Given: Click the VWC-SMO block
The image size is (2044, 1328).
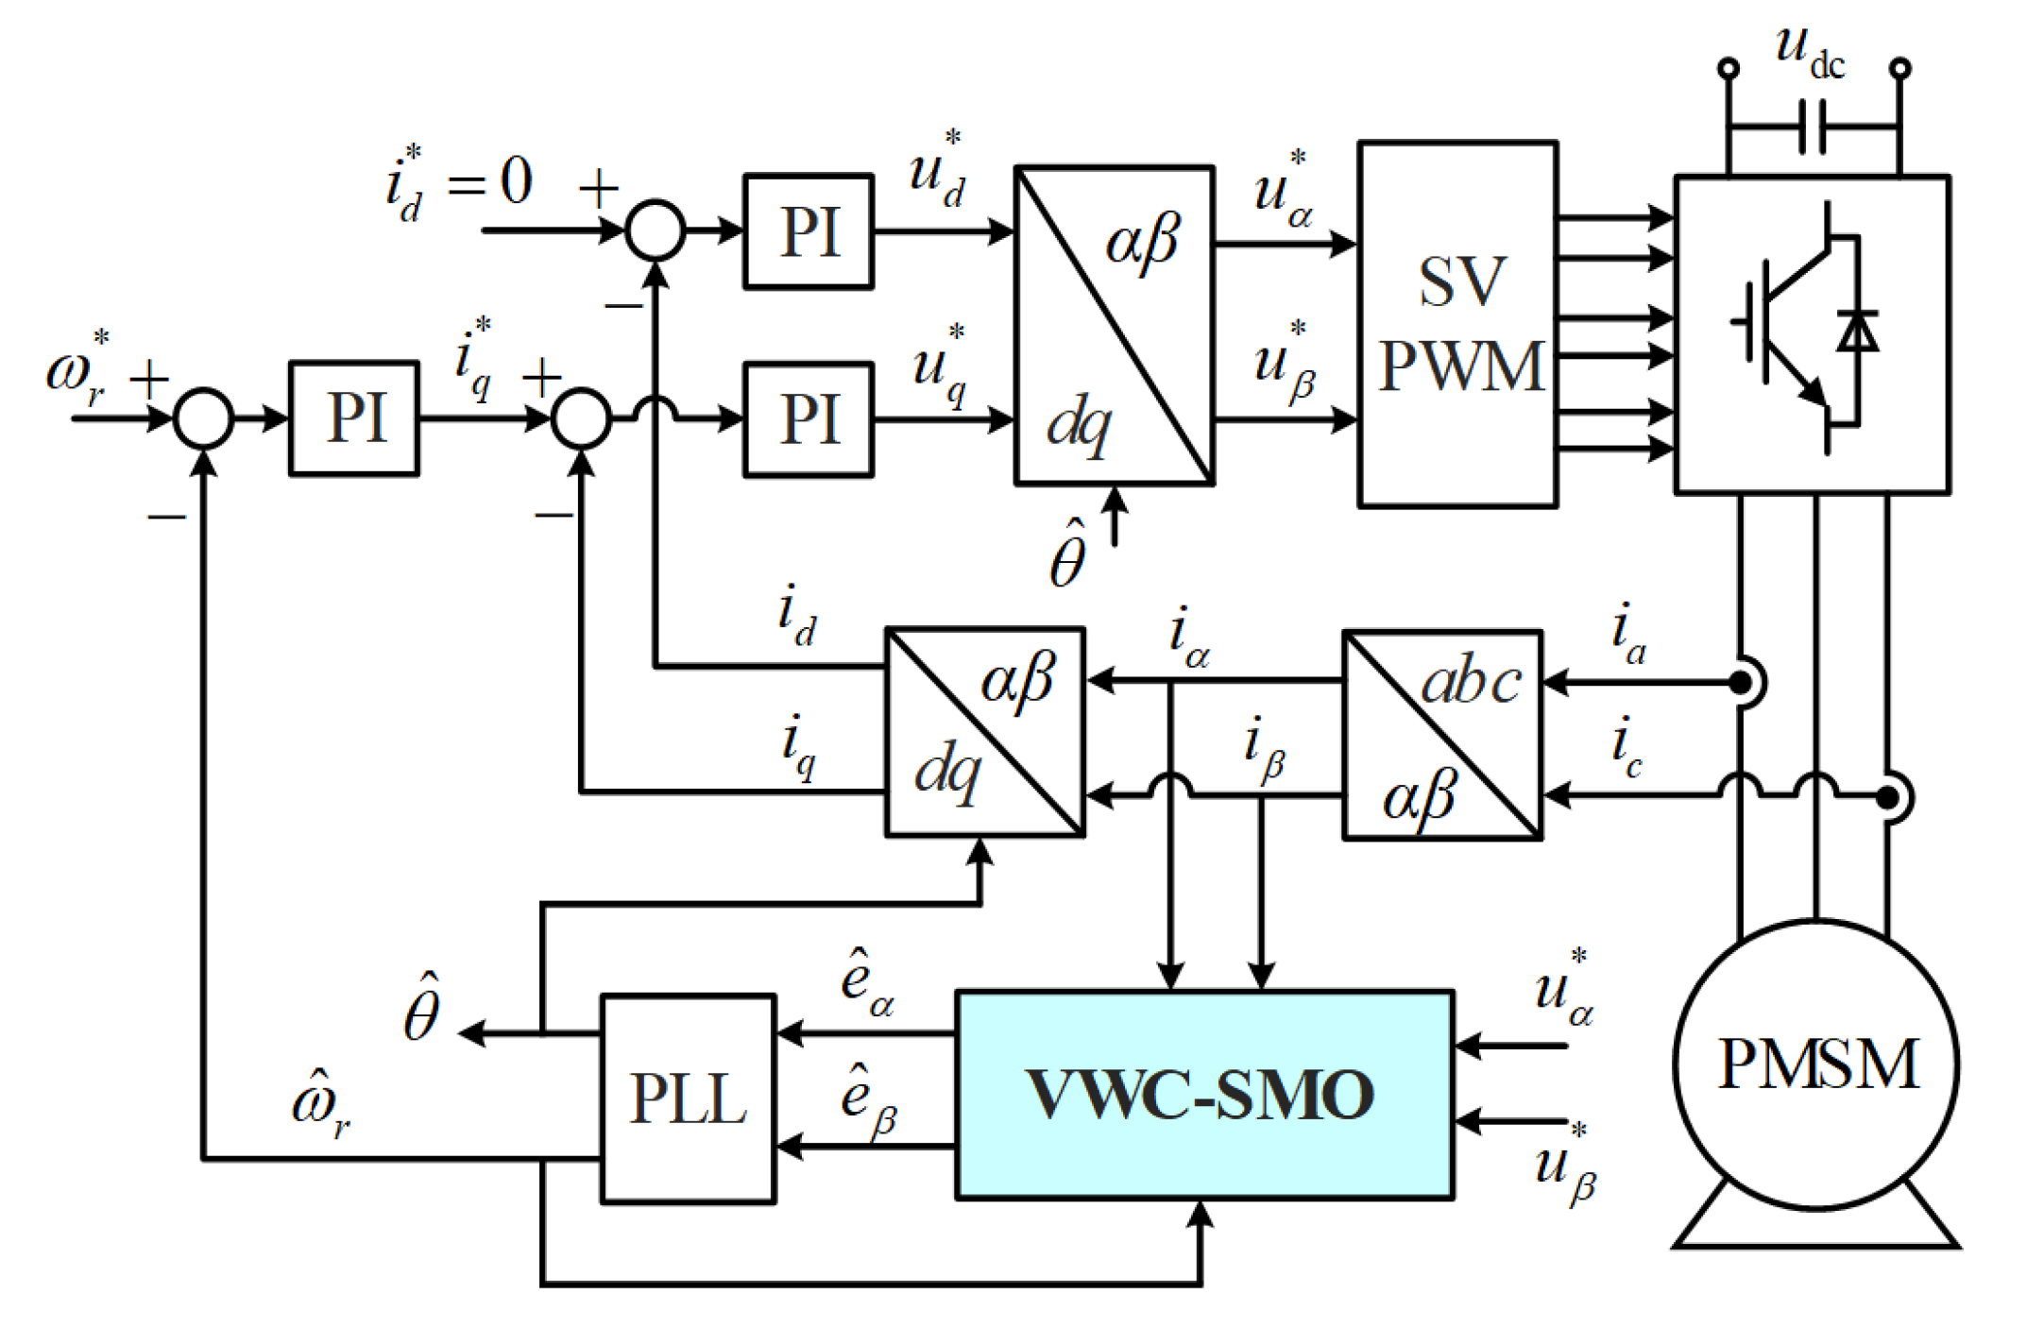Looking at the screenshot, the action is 1204,1095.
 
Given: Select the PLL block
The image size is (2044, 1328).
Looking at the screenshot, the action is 689,1098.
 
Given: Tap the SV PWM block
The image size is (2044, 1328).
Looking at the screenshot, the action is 1458,324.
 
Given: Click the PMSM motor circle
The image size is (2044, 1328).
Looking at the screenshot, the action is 1816,1064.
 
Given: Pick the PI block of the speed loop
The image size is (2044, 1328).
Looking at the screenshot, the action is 354,417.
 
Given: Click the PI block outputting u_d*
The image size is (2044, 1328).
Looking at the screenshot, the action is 809,230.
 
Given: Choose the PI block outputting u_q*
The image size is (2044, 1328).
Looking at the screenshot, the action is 809,419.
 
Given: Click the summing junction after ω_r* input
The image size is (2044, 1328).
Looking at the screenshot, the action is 203,417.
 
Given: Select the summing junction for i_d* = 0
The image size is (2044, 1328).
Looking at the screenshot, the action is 656,230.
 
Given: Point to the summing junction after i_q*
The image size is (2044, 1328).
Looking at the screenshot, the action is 582,417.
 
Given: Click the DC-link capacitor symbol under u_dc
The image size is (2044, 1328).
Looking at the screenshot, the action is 1812,127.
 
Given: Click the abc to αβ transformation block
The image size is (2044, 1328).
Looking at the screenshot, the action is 1442,735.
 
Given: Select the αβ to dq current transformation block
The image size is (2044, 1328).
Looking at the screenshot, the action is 985,732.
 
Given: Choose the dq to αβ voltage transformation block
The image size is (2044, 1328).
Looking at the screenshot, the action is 1115,326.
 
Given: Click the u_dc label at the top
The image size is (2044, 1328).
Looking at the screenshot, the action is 1809,51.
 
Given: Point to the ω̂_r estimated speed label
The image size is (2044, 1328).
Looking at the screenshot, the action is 321,1104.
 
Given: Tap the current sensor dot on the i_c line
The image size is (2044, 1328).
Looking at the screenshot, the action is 1887,798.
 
